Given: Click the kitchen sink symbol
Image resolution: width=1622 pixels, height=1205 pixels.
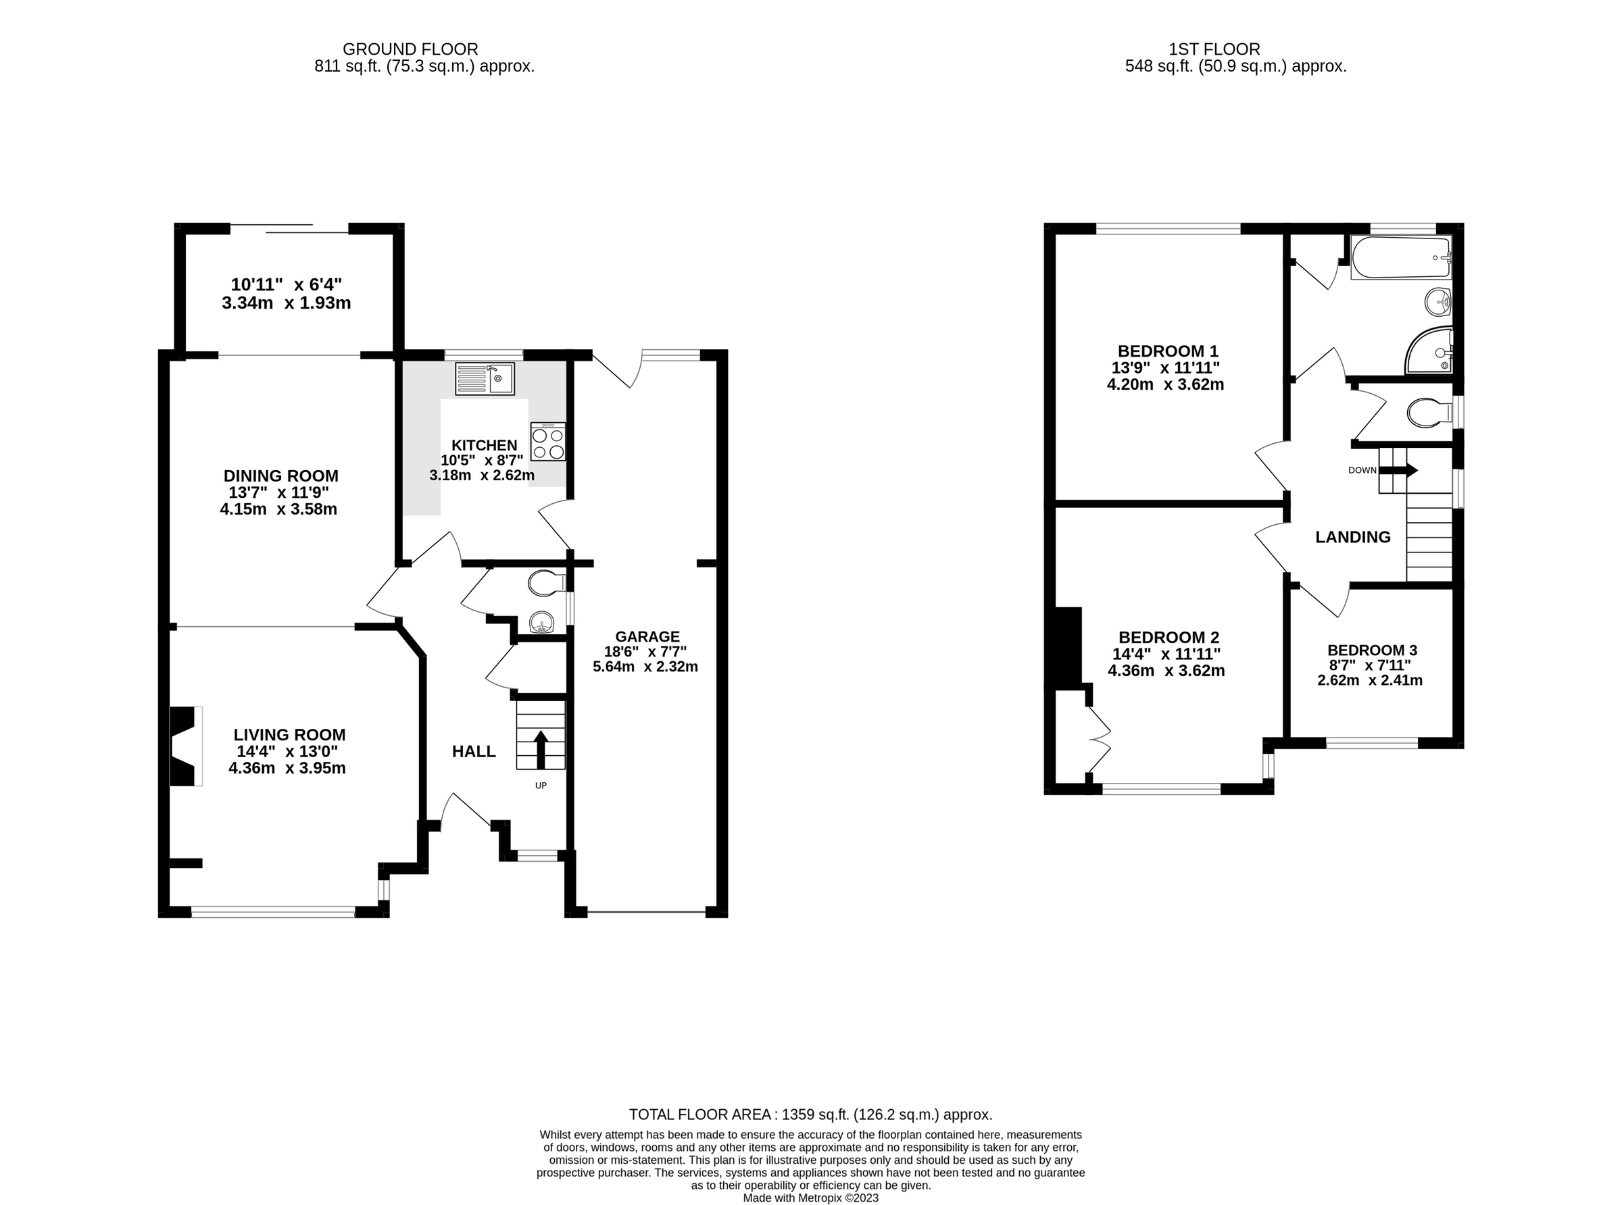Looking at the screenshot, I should click(x=485, y=378).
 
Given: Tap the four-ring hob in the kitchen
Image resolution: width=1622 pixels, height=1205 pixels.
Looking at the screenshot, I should click(x=547, y=441).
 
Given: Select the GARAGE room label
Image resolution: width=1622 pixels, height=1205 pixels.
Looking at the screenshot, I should click(x=647, y=637).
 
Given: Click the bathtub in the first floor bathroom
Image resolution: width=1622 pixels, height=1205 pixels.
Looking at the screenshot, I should click(x=1401, y=257).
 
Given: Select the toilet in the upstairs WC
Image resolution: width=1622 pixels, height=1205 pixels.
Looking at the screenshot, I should click(x=1428, y=413).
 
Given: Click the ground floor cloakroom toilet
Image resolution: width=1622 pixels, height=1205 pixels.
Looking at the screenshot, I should click(x=547, y=583).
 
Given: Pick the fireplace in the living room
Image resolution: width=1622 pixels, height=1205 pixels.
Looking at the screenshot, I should click(x=185, y=746).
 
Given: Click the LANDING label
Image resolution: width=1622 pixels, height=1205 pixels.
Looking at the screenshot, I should click(x=1352, y=538).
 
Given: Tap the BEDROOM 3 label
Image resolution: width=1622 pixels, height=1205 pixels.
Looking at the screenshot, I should click(x=1372, y=650).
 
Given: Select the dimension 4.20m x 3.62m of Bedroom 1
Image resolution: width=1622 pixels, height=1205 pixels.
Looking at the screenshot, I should click(x=1164, y=384).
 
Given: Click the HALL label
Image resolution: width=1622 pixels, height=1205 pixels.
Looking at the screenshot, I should click(x=474, y=751).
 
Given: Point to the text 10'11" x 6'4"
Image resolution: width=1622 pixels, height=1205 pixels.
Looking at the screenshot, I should click(x=286, y=284).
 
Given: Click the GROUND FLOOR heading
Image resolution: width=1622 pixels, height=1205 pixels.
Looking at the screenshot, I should click(x=410, y=49).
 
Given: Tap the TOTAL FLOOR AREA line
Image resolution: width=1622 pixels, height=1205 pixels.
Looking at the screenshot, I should click(x=810, y=1114).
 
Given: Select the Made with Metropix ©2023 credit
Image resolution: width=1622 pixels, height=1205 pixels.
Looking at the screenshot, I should click(x=810, y=1198).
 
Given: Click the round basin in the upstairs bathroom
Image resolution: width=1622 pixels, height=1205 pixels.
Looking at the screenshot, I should click(x=1438, y=301).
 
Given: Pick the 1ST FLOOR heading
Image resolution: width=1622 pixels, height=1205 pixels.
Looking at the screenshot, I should click(x=1214, y=49).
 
